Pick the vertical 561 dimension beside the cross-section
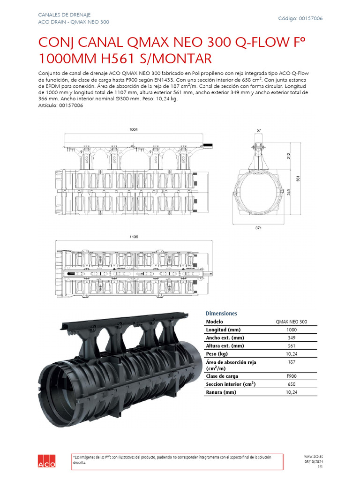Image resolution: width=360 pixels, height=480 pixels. pos(298,179)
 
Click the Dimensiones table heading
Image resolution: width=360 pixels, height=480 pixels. pos(221,313)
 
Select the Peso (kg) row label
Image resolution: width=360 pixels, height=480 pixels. pos(217,353)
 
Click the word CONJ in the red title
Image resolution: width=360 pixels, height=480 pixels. pos(55,43)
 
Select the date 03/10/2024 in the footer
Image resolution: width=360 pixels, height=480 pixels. pos(314,461)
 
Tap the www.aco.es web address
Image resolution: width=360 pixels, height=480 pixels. pos(313,456)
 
